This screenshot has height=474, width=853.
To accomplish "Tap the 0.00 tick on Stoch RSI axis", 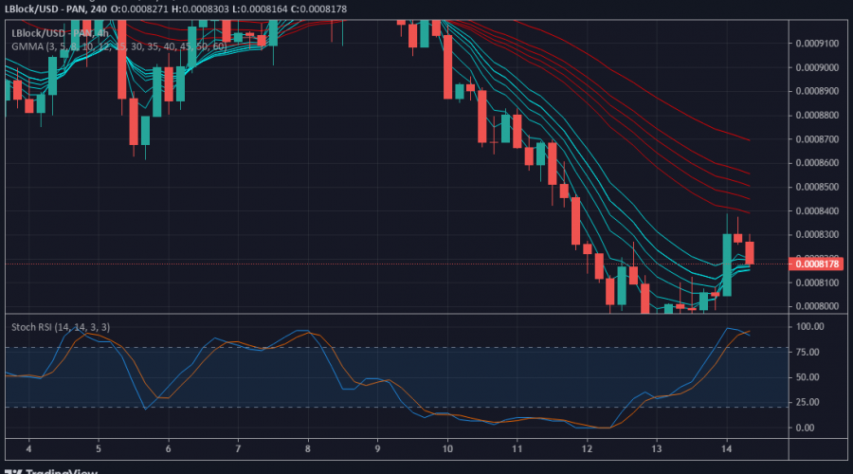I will pyautogui.click(x=808, y=428).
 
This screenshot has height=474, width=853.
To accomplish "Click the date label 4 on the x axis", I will pyautogui.click(x=29, y=447).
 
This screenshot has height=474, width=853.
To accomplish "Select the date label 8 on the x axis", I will pyautogui.click(x=308, y=447).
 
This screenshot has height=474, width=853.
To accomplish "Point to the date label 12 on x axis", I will pyautogui.click(x=587, y=447).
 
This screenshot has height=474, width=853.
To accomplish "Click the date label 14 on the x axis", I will pyautogui.click(x=726, y=447).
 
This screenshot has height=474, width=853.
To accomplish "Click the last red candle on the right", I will pyautogui.click(x=750, y=253).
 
